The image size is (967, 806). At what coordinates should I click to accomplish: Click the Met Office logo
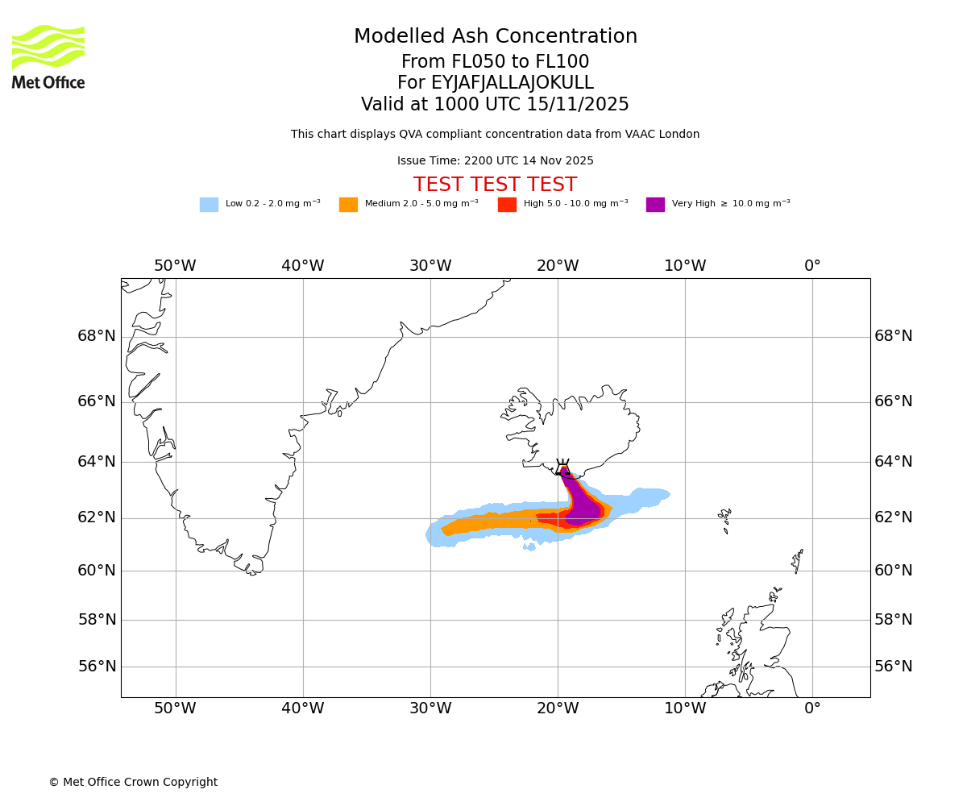pos(48,56)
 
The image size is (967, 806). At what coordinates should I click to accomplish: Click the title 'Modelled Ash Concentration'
pos(495,37)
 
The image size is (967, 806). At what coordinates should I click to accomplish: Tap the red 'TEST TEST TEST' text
pos(495,185)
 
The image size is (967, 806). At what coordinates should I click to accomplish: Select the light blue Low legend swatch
pos(209,205)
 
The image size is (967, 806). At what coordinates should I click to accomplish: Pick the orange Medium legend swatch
pos(348,205)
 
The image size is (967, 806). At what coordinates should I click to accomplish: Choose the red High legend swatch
pos(507,205)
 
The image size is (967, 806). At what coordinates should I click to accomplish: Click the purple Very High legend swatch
pos(655,205)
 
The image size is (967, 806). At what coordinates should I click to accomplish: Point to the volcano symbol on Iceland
pos(562,467)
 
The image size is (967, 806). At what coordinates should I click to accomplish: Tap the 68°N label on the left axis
pos(97,336)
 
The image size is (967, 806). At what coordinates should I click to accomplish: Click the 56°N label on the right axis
pos(894,667)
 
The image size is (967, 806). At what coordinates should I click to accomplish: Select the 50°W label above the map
pos(175,267)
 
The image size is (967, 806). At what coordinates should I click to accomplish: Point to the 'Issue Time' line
pos(495,161)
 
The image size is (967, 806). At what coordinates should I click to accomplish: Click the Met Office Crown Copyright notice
pos(133,783)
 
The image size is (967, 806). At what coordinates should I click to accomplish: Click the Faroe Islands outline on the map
pos(724,517)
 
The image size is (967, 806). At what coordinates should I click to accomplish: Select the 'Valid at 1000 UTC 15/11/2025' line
pos(495,105)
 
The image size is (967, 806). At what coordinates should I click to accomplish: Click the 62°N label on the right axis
pos(894,517)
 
